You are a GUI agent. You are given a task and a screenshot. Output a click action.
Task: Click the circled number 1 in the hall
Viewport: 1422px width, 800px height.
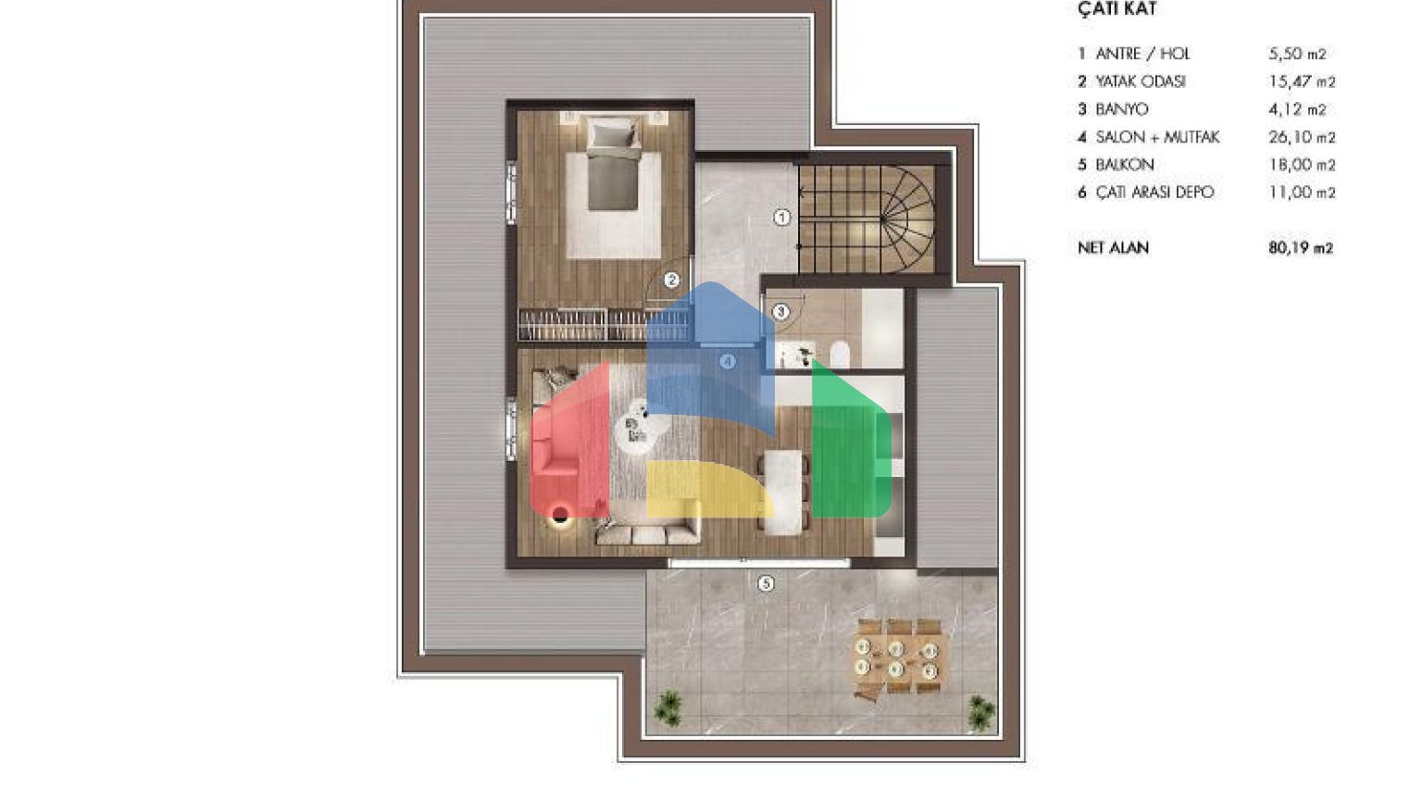(x=782, y=218)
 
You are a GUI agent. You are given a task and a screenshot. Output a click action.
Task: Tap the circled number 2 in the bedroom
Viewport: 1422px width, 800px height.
(x=671, y=280)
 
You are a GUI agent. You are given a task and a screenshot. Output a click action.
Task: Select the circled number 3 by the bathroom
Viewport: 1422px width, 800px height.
(x=780, y=312)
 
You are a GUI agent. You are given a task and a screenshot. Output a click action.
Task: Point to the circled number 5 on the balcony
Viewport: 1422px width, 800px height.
(x=767, y=583)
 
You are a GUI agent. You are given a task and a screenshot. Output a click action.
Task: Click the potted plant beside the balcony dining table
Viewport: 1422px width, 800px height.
(x=980, y=711)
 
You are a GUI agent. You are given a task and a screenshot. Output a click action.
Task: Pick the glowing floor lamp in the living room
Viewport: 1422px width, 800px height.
(x=560, y=515)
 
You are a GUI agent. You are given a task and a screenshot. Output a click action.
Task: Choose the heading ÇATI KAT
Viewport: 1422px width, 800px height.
(x=1117, y=9)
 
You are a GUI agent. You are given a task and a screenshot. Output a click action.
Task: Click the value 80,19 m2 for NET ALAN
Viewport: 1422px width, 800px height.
(x=1301, y=247)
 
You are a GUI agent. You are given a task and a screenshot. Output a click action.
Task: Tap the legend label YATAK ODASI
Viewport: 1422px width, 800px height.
(x=1141, y=81)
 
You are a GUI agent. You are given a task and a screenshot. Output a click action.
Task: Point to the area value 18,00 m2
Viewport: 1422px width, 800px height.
(x=1302, y=165)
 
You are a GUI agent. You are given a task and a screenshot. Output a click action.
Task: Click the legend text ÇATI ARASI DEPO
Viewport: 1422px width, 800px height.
(x=1154, y=193)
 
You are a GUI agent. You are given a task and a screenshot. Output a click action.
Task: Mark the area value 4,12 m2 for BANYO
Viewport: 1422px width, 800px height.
(x=1298, y=110)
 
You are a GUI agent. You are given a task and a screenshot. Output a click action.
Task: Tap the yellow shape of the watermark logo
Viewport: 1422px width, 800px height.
(x=709, y=489)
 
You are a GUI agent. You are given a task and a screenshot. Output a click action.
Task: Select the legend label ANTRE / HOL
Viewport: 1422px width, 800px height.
(x=1142, y=54)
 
